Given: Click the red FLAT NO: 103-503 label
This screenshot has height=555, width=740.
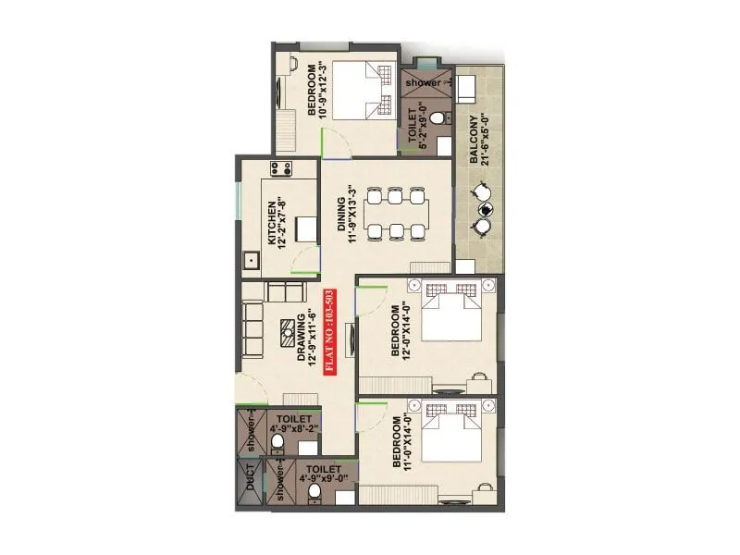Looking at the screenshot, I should click(329, 330).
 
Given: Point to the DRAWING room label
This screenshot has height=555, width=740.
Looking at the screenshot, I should click(301, 341).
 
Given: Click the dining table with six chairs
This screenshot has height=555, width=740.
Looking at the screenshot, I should click(396, 214).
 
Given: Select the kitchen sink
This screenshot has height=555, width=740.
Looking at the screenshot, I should click(249, 261).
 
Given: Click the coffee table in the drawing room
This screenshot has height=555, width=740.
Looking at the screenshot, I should click(290, 327).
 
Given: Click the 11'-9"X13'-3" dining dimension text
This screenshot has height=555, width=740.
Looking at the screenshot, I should click(354, 219).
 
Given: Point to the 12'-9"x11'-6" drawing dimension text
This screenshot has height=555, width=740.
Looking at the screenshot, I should click(314, 341).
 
